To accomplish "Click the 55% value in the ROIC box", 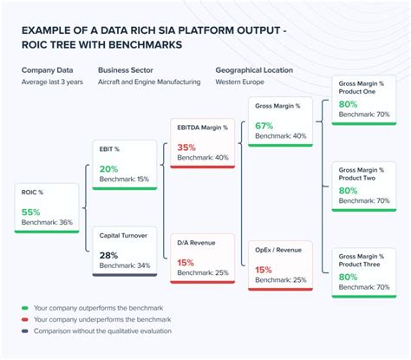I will pyautogui.click(x=31, y=211).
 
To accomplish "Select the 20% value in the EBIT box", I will pyautogui.click(x=108, y=167).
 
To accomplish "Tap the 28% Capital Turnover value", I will pyautogui.click(x=108, y=255).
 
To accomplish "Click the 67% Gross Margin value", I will pyautogui.click(x=264, y=125).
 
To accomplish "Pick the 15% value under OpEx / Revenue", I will pyautogui.click(x=264, y=269).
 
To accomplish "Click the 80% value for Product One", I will pyautogui.click(x=348, y=102).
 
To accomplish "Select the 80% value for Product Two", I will pyautogui.click(x=348, y=190).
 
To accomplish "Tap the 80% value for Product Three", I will pyautogui.click(x=348, y=277).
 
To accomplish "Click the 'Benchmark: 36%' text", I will pyautogui.click(x=48, y=223).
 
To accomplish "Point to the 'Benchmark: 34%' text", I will pyautogui.click(x=125, y=265).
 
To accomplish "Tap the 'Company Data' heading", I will pyautogui.click(x=47, y=69).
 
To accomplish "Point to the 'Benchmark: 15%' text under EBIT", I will pyautogui.click(x=125, y=179).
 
